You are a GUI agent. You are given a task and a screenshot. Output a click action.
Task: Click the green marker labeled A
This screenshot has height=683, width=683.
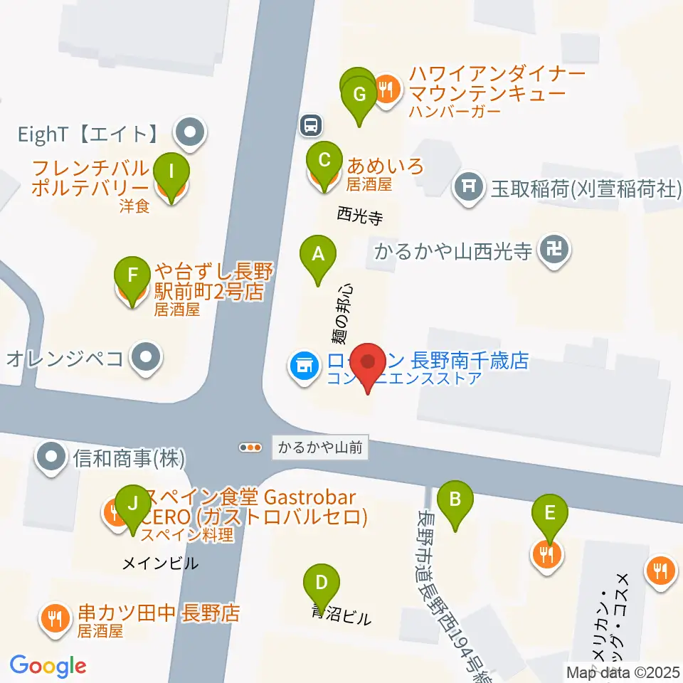[x=318, y=254]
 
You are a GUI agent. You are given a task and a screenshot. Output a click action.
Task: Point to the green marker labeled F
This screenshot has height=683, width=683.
[x=132, y=275]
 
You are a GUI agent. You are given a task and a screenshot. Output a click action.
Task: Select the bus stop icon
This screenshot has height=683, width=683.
[x=311, y=126]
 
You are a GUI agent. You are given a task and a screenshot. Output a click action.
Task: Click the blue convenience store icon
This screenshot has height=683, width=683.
[x=302, y=366]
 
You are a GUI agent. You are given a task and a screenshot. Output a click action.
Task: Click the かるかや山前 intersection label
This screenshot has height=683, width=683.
[x=320, y=448]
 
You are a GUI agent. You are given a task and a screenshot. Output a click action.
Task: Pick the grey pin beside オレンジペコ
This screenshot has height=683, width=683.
[x=147, y=358]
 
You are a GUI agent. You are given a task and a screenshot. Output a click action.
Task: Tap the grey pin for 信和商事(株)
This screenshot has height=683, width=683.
[x=52, y=456]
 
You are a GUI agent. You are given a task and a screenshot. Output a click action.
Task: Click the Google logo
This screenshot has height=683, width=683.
[x=48, y=667]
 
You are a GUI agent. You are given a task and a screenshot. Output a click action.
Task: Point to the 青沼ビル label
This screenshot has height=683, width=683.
[x=341, y=617]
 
